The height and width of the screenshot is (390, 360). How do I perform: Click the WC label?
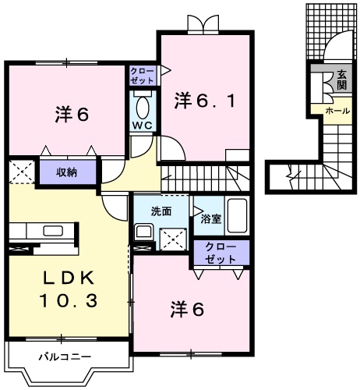pos(143,125)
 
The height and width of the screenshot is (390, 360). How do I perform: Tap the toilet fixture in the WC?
pos(143,105)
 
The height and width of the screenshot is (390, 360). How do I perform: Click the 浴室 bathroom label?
pos(210,219)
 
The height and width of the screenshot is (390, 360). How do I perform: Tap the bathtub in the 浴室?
pos(238,215)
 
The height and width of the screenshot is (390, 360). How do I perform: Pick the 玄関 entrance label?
pos(342,80)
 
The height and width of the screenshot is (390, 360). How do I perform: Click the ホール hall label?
pos(337,111)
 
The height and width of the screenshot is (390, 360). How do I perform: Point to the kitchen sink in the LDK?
pos(53,231)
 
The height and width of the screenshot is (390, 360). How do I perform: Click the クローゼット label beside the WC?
pos(143,75)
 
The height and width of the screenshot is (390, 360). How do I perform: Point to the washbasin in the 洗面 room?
pos(143,232)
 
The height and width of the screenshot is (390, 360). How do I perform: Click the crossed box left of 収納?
pos(21,172)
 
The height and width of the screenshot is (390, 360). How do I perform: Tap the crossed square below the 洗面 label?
pos(172,238)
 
